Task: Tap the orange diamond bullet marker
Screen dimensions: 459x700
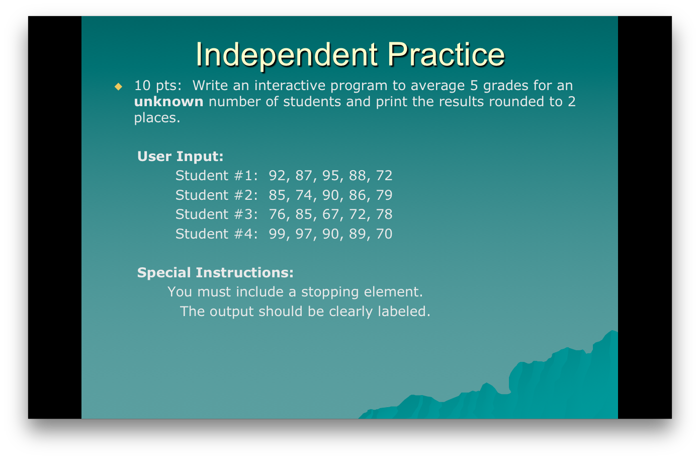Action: click(118, 87)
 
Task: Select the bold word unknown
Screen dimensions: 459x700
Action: click(168, 102)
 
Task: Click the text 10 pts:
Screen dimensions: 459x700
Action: click(157, 86)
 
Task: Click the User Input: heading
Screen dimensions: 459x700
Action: click(180, 157)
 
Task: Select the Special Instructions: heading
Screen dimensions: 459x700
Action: click(215, 273)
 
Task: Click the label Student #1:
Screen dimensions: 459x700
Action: click(216, 176)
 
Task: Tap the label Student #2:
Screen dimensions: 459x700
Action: click(216, 195)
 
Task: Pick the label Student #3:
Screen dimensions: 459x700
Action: click(216, 214)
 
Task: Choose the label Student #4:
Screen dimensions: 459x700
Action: click(216, 234)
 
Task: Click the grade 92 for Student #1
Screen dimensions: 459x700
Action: click(277, 176)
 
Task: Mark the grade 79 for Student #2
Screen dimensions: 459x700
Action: click(384, 195)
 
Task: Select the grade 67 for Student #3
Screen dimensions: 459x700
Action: click(330, 214)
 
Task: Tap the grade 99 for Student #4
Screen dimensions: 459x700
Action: click(277, 234)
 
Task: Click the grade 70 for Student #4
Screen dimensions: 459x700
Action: click(384, 234)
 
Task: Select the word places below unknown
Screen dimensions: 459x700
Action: click(156, 118)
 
